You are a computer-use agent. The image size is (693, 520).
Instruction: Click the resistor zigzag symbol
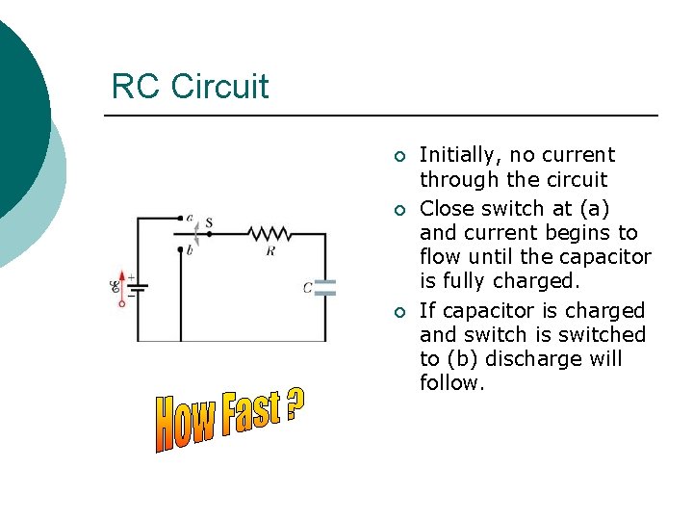(269, 233)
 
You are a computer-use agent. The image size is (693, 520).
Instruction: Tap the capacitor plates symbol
(325, 286)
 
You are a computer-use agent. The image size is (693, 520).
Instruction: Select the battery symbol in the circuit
(138, 286)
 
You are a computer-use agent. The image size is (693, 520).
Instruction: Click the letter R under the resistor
(270, 250)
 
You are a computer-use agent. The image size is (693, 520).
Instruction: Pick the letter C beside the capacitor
(307, 287)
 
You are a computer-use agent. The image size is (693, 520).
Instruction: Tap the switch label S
(209, 223)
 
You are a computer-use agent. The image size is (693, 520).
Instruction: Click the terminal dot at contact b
(180, 249)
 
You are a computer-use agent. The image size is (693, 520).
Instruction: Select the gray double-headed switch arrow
(197, 231)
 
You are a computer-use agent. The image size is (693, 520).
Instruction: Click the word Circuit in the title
(219, 87)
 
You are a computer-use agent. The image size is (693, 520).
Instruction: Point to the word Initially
(461, 155)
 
